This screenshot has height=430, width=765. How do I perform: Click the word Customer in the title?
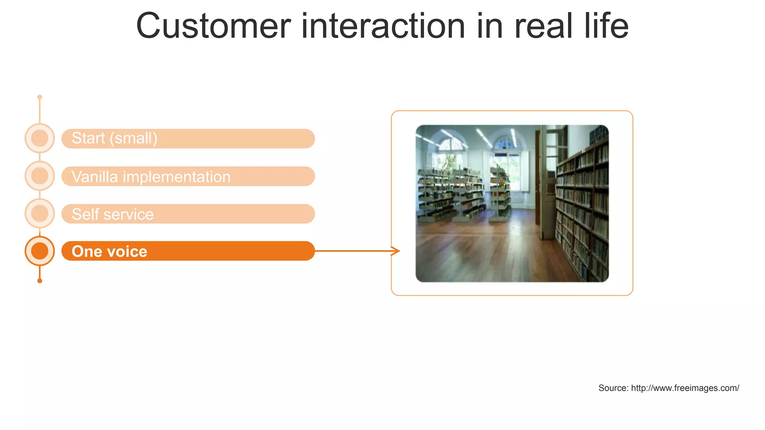(213, 26)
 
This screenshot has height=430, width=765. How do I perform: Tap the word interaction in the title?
(383, 26)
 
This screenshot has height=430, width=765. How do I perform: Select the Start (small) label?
(114, 138)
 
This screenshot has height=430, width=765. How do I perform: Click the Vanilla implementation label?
(151, 177)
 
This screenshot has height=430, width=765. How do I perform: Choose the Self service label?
(112, 214)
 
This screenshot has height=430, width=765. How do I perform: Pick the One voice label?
(109, 252)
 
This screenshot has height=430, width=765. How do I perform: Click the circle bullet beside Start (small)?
(40, 138)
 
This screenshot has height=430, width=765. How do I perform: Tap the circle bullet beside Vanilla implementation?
(40, 176)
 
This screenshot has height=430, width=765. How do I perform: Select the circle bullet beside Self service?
(40, 214)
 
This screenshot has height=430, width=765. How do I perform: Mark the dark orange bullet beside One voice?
(40, 251)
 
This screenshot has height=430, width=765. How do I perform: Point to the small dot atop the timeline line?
(40, 97)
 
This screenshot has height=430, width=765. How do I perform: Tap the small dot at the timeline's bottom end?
(40, 281)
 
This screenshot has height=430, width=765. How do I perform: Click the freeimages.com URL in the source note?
(685, 388)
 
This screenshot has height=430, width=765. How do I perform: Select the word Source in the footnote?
(613, 388)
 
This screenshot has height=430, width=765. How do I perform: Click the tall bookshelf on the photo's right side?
(583, 209)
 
